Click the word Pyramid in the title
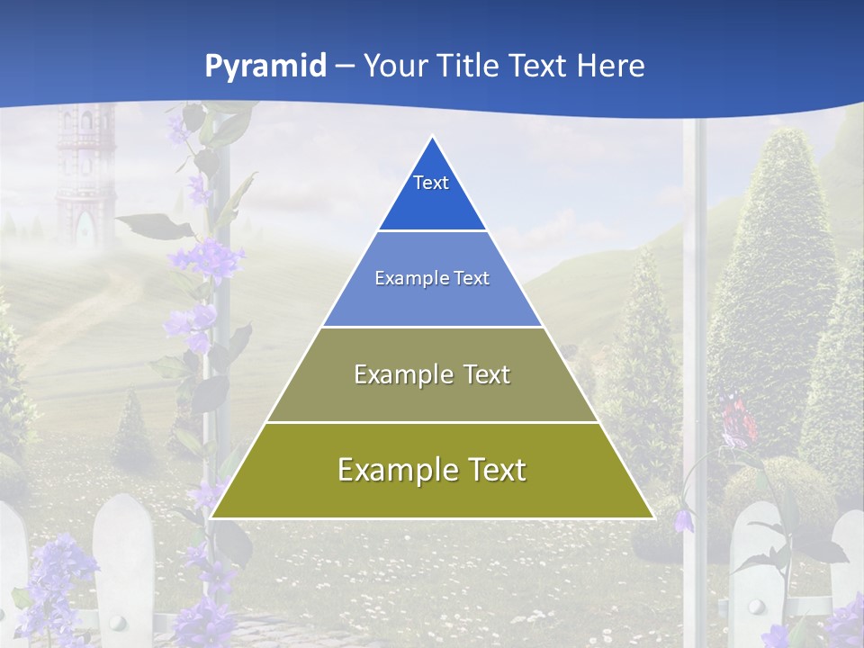pos(265,66)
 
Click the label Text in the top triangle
pos(431,183)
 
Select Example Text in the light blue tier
pos(432,278)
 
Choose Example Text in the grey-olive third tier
pos(432,374)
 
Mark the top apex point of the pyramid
pos(433,137)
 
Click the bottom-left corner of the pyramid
pos(211,517)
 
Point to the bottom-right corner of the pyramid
pos(653,517)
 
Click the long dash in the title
pos(345,67)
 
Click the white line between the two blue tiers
pos(432,231)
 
